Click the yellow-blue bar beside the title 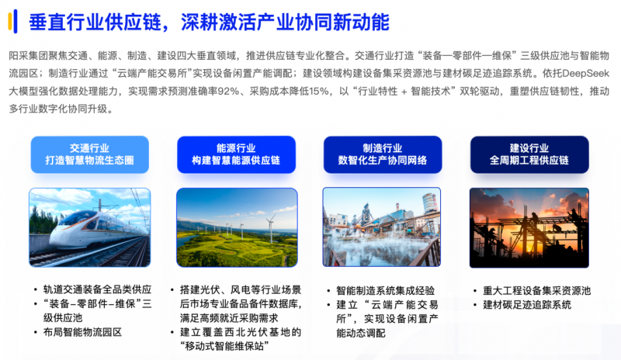(12, 22)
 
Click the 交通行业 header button (89, 154)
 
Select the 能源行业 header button (236, 154)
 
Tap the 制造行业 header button (383, 154)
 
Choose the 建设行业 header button (529, 154)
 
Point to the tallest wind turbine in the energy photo (271, 229)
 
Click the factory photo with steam (382, 227)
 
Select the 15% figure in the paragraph (319, 92)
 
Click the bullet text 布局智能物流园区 (82, 332)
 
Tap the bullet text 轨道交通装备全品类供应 (98, 289)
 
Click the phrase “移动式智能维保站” (224, 346)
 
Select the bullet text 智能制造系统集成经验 (385, 291)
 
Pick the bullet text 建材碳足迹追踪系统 (527, 305)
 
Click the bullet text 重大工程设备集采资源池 (536, 291)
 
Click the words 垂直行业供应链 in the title (95, 22)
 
